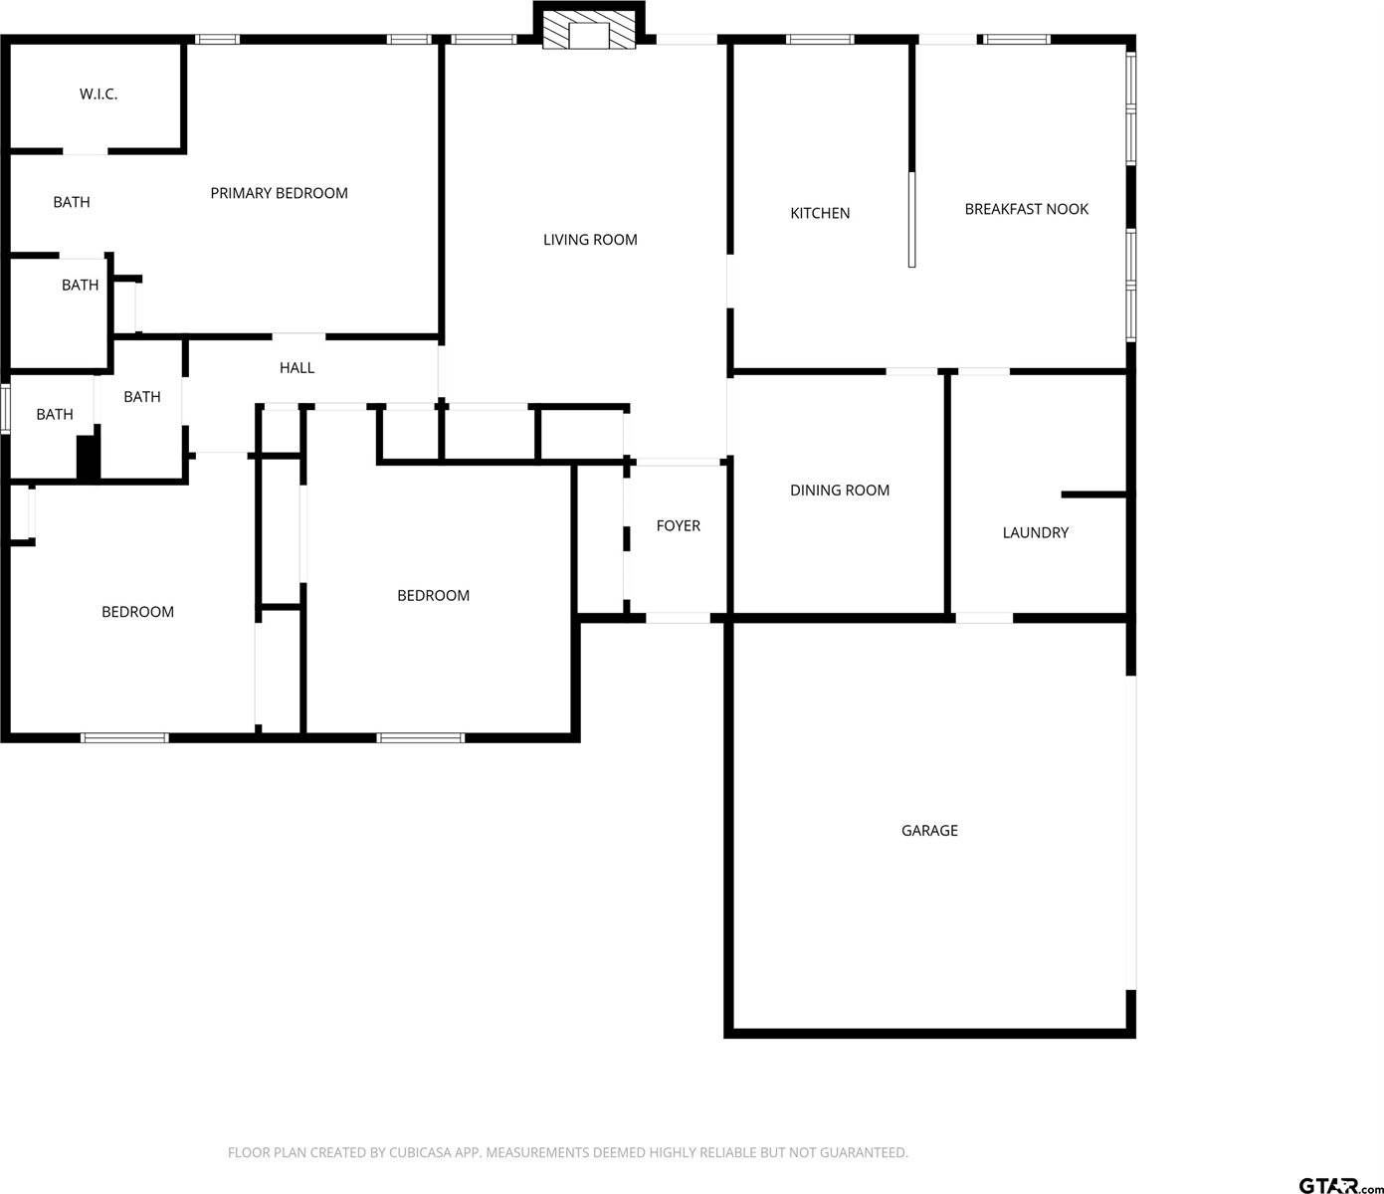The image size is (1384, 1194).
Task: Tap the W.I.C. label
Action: click(x=99, y=95)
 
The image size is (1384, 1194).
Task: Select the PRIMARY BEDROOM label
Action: click(x=279, y=193)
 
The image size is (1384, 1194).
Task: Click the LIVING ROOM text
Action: click(x=590, y=240)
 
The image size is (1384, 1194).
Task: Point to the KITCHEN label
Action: click(x=820, y=213)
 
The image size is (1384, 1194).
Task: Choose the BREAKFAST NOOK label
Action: click(x=1026, y=209)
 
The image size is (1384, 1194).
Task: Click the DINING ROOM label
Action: click(x=840, y=491)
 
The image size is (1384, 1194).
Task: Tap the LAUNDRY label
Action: click(x=1035, y=533)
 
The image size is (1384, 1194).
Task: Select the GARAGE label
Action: click(x=929, y=831)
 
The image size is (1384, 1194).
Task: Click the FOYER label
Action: click(x=678, y=526)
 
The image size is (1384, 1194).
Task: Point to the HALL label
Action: click(x=297, y=368)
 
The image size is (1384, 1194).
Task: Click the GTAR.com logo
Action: click(x=1339, y=1184)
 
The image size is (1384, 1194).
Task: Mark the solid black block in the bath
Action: click(x=89, y=459)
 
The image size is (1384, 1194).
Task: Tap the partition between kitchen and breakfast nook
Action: click(x=911, y=219)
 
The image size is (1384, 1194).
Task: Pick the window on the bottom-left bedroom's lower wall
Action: click(x=124, y=737)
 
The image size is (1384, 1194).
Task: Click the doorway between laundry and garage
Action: click(x=984, y=618)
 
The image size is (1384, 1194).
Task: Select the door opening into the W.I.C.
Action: click(x=86, y=151)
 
